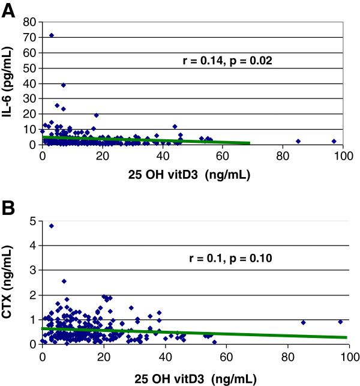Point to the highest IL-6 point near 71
pos(51,35)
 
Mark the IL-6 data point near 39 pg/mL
pos(63,85)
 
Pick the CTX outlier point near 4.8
pos(52,226)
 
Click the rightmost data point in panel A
pos(334,141)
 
